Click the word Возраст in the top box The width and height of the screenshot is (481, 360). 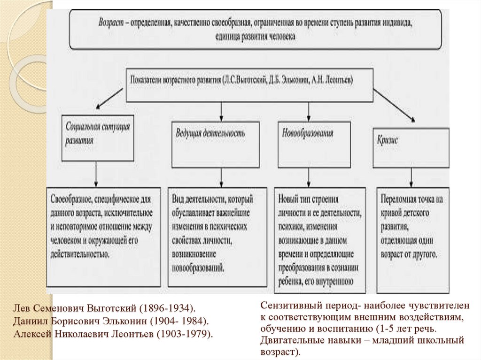111,23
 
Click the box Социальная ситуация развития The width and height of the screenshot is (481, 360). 96,138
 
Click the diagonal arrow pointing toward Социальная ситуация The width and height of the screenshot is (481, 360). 110,100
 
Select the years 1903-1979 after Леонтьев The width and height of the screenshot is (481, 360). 185,334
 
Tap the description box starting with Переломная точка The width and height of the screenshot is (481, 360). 412,238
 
